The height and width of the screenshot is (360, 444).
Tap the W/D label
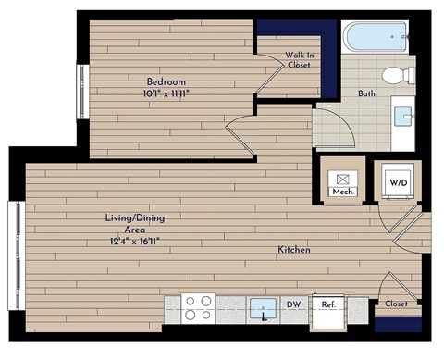[399, 182]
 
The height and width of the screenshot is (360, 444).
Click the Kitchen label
[294, 251]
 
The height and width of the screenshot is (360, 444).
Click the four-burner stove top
[197, 307]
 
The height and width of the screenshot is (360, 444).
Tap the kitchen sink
[266, 307]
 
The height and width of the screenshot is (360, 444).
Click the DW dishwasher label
[295, 304]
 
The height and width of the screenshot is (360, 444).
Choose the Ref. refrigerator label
[327, 304]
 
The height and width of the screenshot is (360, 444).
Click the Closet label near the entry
[397, 303]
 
